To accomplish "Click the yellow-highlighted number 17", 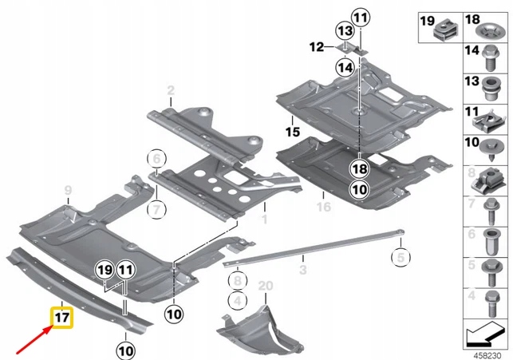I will pyautogui.click(x=62, y=318).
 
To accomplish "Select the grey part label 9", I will pyautogui.click(x=68, y=188).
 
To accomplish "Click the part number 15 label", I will pyautogui.click(x=292, y=129).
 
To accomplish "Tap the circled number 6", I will pyautogui.click(x=157, y=156).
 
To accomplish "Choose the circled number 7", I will pyautogui.click(x=157, y=210).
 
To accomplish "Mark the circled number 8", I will pyautogui.click(x=235, y=279).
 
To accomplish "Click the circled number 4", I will pyautogui.click(x=235, y=300).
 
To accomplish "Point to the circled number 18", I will pyautogui.click(x=358, y=168).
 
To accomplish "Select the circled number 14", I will pyautogui.click(x=343, y=69).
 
